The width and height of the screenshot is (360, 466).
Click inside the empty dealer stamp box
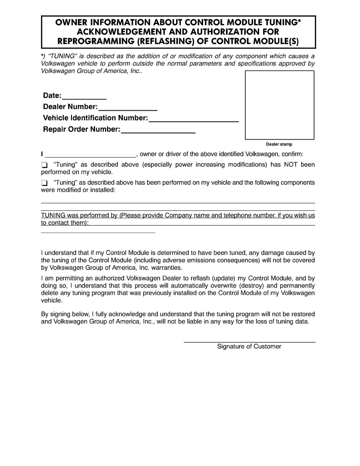point(279,105)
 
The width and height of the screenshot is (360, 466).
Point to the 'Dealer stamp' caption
point(279,144)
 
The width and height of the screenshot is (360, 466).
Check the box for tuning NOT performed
point(44,165)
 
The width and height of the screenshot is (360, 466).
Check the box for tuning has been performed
point(44,183)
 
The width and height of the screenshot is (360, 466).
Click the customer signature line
point(249,342)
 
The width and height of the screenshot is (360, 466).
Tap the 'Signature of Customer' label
point(249,347)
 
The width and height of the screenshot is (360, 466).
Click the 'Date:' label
point(52,96)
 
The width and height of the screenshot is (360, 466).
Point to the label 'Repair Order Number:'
point(82,129)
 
